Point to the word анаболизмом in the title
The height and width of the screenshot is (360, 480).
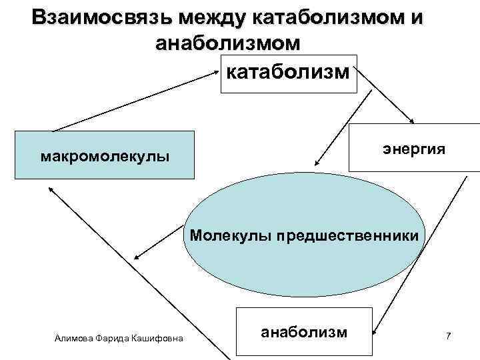(227, 43)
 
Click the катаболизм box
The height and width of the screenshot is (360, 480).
(289, 73)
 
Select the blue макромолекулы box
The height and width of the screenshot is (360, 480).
(105, 155)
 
